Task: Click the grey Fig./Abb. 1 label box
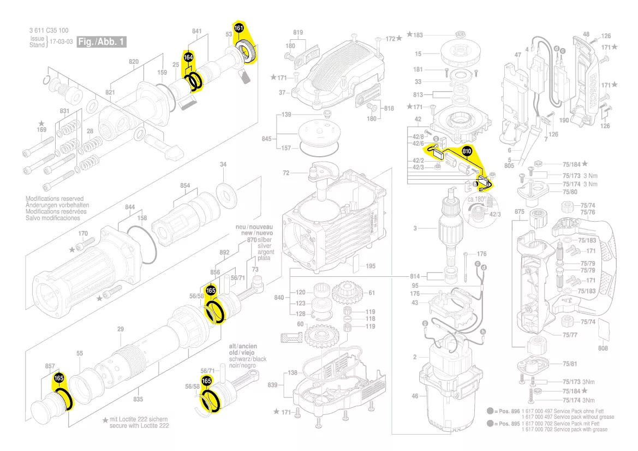pos(102,41)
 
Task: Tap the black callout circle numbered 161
pos(238,28)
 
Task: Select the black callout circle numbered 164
pos(188,57)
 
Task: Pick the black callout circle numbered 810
pos(467,150)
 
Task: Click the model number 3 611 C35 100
pos(49,31)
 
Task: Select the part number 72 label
pos(286,173)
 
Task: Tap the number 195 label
pos(371,266)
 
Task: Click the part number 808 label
pos(603,348)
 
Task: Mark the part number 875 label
pos(519,211)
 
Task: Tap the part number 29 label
pos(121,329)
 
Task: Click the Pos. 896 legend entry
pos(502,411)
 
